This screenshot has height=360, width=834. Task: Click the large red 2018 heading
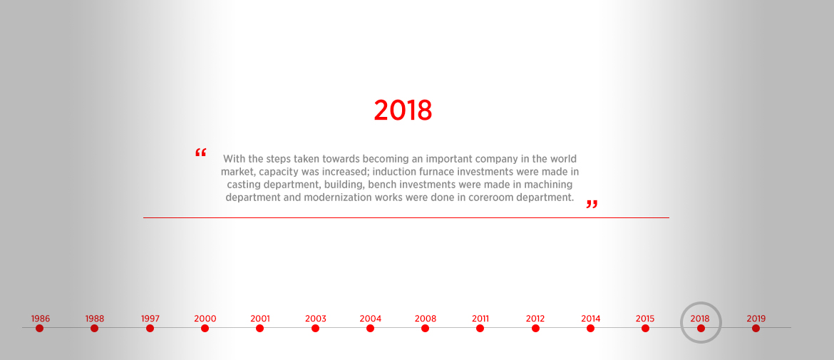403,110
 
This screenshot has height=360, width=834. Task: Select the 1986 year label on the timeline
41,319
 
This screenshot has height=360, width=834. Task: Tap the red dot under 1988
95,328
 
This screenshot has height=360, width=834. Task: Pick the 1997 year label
150,319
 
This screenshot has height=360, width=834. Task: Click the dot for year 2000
205,328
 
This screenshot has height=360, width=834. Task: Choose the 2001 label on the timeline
260,319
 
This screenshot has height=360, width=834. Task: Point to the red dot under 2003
315,328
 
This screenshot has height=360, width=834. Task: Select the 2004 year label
370,319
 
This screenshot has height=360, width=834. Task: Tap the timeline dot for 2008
425,328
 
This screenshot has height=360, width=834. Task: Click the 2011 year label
480,319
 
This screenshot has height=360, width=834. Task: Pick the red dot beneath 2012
535,328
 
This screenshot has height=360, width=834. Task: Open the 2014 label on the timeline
590,319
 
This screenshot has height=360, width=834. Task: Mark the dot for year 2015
645,328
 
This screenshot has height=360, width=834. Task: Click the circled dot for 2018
701,328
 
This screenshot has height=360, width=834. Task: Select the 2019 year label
756,319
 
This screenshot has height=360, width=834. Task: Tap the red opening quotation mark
200,153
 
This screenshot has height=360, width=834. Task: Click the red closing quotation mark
592,205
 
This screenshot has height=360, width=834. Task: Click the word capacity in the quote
279,173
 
